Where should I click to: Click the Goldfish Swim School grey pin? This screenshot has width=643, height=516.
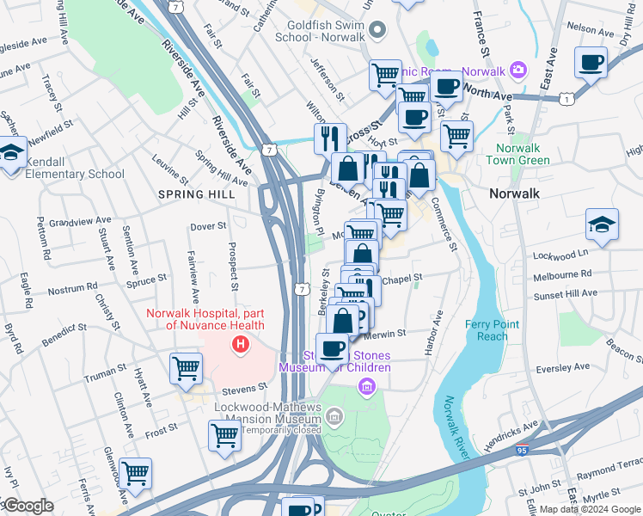377,32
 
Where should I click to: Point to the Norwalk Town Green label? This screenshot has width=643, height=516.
517,153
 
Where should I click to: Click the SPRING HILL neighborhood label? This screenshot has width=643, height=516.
192,194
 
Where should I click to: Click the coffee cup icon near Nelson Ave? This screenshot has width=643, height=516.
591,62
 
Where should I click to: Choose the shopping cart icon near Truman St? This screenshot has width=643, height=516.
186,368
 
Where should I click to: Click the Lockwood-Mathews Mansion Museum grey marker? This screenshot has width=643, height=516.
334,419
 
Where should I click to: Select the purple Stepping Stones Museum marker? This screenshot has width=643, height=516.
368,386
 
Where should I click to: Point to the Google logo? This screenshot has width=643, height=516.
28,506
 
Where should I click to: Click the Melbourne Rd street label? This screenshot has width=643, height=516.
562,273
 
